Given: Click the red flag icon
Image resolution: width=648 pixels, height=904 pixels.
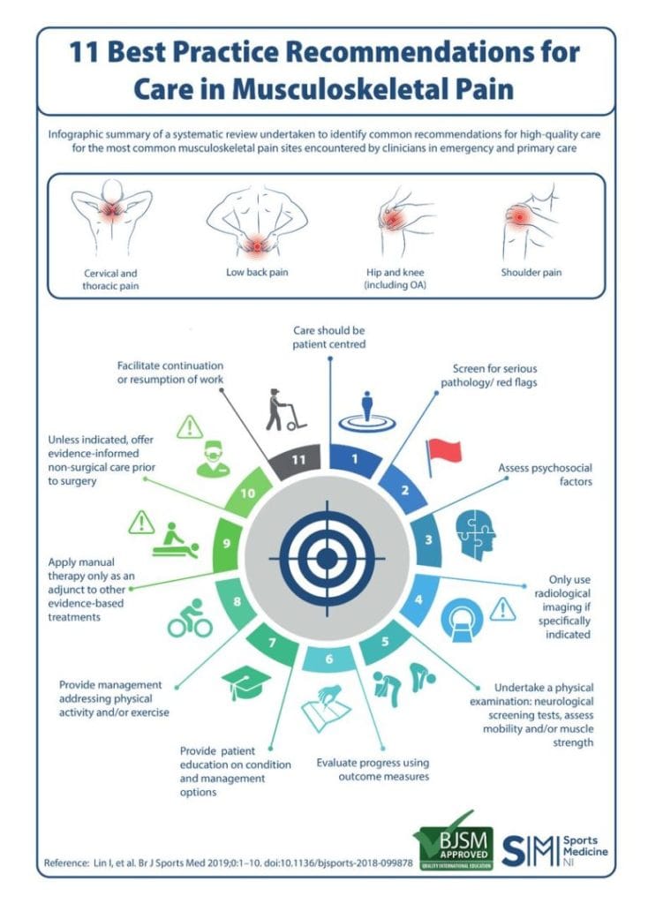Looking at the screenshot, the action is [x=443, y=456].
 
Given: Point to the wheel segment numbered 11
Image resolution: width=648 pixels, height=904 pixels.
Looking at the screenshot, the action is [x=297, y=461].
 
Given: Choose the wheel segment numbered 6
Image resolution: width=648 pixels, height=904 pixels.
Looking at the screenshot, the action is [x=328, y=659].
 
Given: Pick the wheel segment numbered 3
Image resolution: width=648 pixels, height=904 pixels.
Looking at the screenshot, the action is [x=428, y=540].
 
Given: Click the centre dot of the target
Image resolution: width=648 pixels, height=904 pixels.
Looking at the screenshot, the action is [x=327, y=558].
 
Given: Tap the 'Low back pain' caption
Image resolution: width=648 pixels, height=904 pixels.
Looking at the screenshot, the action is [x=257, y=272].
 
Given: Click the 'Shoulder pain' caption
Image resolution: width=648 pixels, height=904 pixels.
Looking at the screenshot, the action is [x=531, y=272].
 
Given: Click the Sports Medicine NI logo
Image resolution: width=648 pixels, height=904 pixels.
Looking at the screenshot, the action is [x=554, y=850].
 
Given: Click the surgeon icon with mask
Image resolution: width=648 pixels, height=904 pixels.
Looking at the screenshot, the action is [x=213, y=459].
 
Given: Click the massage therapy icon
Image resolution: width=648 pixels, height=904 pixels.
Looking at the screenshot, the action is [x=176, y=541].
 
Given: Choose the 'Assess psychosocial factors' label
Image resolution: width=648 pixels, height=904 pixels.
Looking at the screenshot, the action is [x=545, y=474].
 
